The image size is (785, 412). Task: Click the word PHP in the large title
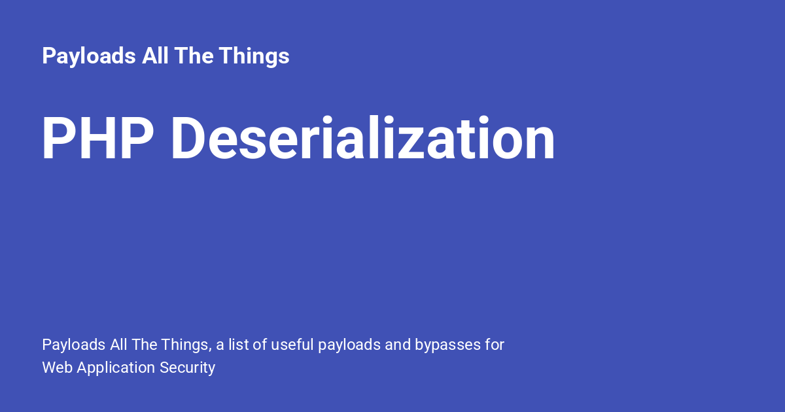[97, 139]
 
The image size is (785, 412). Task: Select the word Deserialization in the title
[362, 139]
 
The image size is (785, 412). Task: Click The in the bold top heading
[194, 56]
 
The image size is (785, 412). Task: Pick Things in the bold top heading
[254, 56]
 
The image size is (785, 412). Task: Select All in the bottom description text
[120, 345]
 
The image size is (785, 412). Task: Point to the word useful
[292, 345]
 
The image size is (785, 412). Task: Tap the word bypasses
[448, 345]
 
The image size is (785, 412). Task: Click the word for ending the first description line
[495, 345]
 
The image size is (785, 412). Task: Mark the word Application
[116, 368]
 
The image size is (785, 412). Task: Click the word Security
[188, 368]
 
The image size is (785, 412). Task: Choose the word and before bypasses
[398, 345]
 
